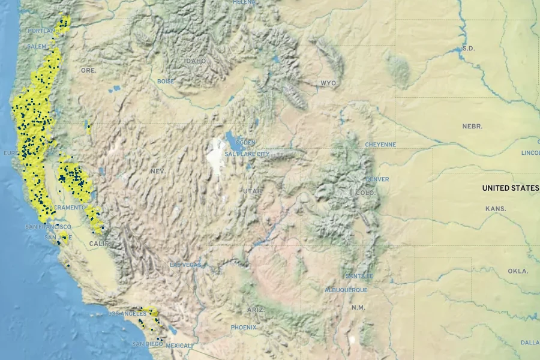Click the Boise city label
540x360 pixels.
(166, 81)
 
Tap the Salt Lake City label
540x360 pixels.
(247, 154)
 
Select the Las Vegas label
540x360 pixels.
(185, 265)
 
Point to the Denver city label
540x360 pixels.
(377, 179)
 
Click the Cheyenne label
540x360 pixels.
(381, 145)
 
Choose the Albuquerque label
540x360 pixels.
(346, 290)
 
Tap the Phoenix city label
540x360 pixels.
(244, 328)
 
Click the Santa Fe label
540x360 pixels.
(359, 276)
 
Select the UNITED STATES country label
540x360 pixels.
(511, 188)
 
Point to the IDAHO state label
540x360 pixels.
(196, 61)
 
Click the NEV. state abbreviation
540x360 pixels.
(158, 172)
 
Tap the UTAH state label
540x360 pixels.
(253, 191)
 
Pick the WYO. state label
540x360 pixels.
(329, 83)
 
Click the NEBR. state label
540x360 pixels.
(472, 127)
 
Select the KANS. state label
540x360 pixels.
(496, 209)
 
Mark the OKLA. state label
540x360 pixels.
(518, 271)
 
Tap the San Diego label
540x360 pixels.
(147, 344)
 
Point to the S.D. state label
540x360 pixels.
(469, 48)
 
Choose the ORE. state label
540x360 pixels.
(89, 70)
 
